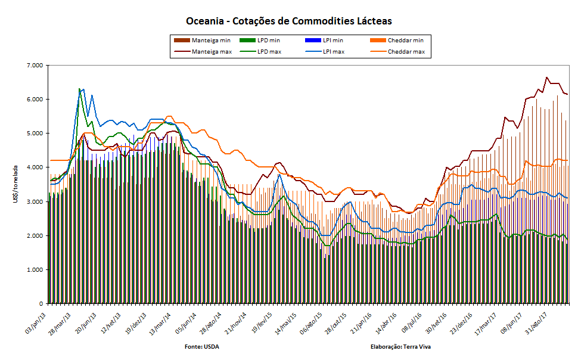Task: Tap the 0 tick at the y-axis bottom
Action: (40, 304)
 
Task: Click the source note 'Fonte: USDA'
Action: (201, 346)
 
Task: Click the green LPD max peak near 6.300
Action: (79, 89)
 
